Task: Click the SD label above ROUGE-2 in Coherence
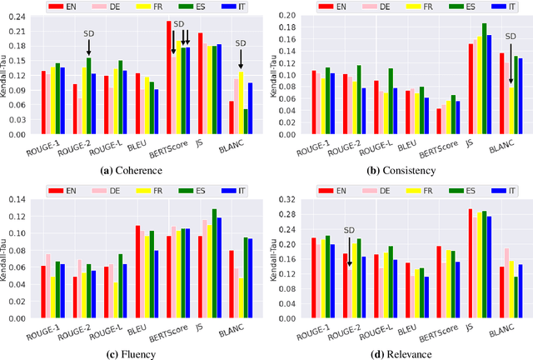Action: [x=89, y=35]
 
